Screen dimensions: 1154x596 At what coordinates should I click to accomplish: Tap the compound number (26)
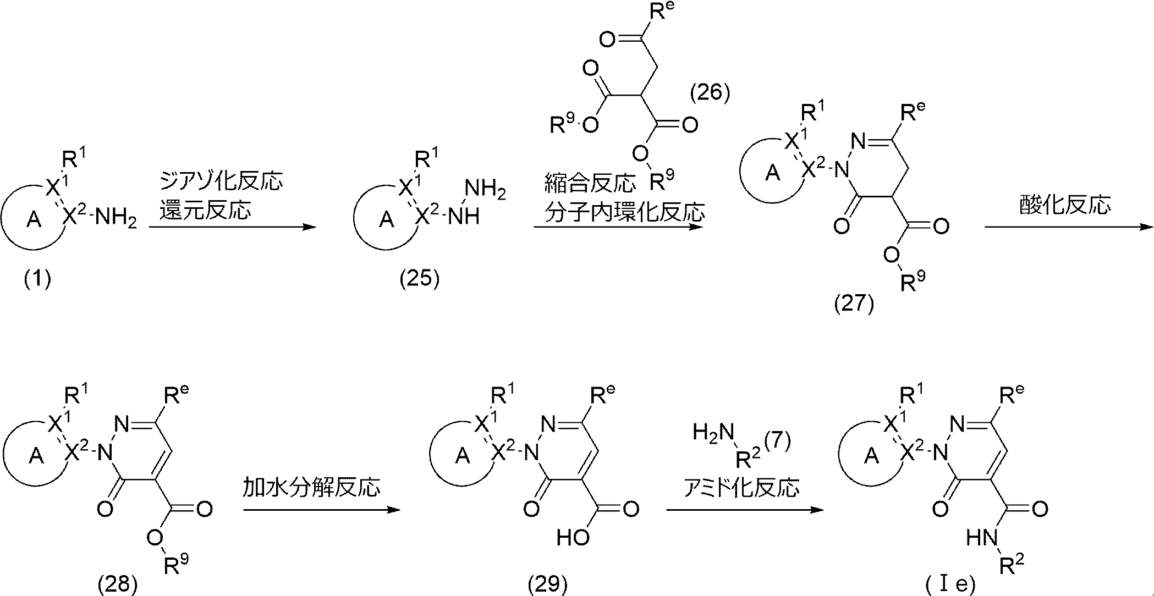[x=710, y=92]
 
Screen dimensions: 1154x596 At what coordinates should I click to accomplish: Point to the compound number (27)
[x=854, y=304]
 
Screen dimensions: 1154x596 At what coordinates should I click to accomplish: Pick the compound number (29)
[x=547, y=584]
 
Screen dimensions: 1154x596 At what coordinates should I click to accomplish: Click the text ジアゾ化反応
[x=221, y=181]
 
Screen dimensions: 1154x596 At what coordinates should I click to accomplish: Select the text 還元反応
[x=205, y=211]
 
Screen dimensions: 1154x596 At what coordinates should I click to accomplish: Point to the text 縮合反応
[x=590, y=183]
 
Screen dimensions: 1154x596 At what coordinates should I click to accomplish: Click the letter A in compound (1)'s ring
[x=34, y=220]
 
